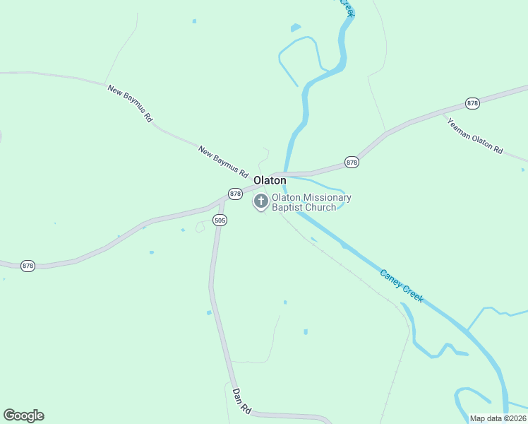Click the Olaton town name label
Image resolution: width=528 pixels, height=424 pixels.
[x=270, y=180]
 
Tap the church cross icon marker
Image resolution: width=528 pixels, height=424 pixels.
[x=261, y=201]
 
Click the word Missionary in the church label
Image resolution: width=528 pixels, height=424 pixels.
[x=321, y=198]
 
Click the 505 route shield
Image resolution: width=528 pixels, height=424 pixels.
[x=220, y=220]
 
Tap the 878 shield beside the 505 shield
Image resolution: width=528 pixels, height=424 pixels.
[x=235, y=193]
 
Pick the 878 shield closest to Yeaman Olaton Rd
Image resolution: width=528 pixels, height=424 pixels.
[x=473, y=103]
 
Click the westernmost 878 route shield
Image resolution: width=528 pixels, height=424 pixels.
[x=28, y=266]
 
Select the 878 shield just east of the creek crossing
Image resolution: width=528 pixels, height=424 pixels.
[x=352, y=163]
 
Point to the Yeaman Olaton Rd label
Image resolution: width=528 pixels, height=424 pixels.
[x=475, y=135]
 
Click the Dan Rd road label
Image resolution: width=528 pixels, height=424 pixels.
[x=241, y=399]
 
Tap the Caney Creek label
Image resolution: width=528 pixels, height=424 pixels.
[x=402, y=285]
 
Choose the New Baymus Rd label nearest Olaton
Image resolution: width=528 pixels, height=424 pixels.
[x=224, y=162]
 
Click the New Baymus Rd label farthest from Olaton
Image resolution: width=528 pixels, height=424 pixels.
[x=130, y=104]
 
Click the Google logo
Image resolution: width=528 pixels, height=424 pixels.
[x=23, y=416]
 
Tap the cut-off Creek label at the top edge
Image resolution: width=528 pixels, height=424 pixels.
[x=347, y=7]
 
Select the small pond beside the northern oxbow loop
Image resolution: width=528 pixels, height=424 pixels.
[x=295, y=28]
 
